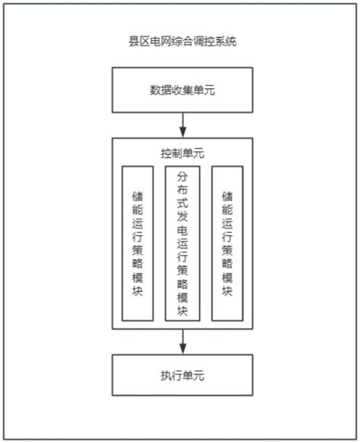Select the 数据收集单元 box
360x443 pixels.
[x=182, y=89]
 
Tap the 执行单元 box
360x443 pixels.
[x=182, y=375]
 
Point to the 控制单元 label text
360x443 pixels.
[x=182, y=153]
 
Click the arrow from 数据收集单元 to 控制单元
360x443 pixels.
[x=182, y=124]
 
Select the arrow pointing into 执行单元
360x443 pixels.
[x=182, y=341]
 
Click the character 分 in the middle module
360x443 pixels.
[x=182, y=177]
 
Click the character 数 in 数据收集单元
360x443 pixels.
[x=155, y=89]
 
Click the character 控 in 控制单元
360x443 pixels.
[x=166, y=153]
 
